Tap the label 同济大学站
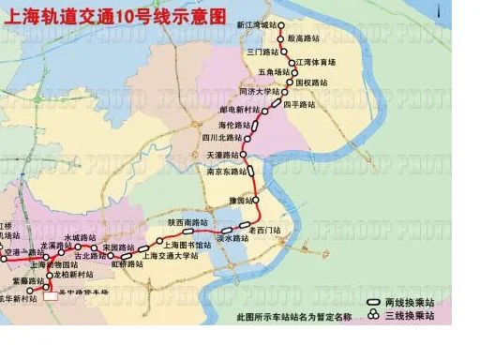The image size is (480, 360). [x=260, y=92]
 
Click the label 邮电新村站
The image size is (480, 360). [x=237, y=111]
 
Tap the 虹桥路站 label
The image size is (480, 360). [x=127, y=264]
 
